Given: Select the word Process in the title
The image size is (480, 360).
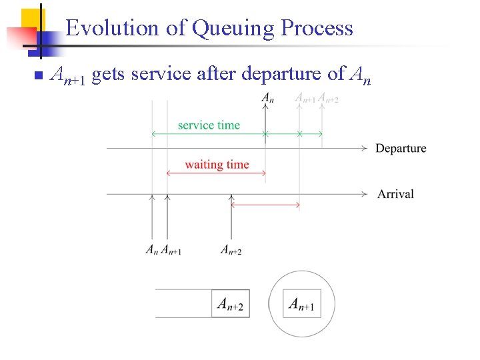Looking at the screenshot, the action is point(317,28).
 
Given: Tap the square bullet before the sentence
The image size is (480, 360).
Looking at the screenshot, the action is point(37,75).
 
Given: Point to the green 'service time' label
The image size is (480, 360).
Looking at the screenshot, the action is point(209,125).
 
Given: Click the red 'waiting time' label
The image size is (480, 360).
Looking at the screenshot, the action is point(217,165).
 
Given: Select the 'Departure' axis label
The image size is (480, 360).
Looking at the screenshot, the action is point(401,148).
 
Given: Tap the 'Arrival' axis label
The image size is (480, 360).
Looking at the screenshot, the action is point(395,194).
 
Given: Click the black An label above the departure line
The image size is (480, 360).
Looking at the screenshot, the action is point(267,98).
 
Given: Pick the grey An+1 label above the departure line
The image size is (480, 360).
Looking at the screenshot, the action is point(305,99).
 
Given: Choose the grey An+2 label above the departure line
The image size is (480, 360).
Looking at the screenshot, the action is point(328,99).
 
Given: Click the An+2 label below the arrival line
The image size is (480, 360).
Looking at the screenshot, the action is point(231,251).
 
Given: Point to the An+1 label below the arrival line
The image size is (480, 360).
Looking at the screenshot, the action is point(171,251).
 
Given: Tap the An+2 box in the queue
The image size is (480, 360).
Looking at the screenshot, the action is point(231,305).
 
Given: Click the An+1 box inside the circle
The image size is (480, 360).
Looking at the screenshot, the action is point(301,305).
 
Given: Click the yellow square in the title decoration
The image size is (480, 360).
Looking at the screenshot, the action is point(33,19).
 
